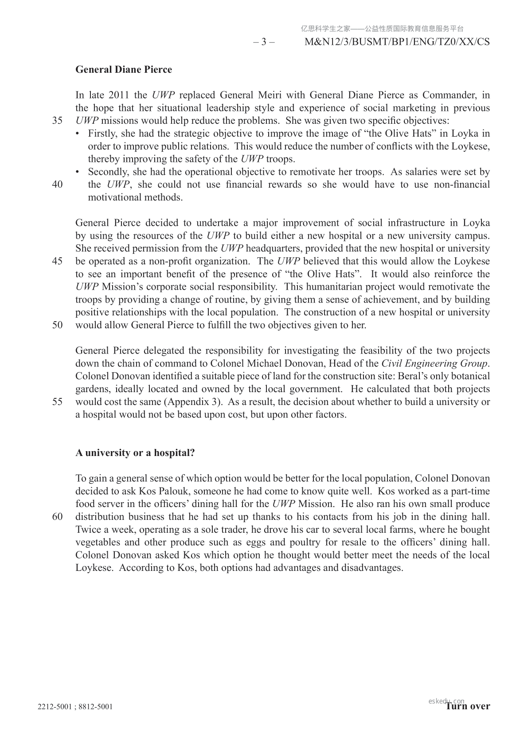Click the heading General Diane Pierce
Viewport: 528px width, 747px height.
(x=124, y=70)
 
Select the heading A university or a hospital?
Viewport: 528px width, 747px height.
(x=135, y=453)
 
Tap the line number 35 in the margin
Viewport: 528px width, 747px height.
(x=57, y=121)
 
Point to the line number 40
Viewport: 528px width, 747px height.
(x=57, y=185)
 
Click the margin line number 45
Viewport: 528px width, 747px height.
(x=57, y=261)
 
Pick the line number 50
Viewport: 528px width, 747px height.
(x=57, y=325)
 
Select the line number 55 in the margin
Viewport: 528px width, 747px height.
(x=57, y=402)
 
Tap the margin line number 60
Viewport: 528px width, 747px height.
(x=57, y=517)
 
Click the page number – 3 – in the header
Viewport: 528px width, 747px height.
(x=264, y=42)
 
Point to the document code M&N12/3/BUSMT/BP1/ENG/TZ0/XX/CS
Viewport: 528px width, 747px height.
(x=398, y=42)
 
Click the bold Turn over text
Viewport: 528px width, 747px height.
(x=468, y=706)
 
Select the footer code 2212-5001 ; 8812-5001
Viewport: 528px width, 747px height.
(x=75, y=707)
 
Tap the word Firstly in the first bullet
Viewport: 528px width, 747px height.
(x=102, y=134)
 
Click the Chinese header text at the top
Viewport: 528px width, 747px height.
(x=382, y=29)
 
